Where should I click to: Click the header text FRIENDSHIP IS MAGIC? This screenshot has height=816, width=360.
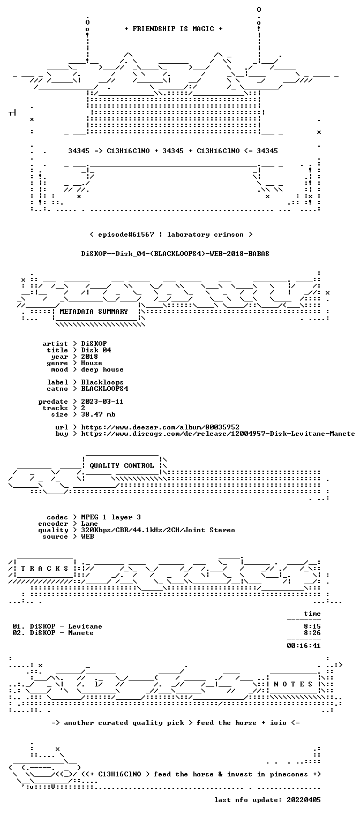pyautogui.click(x=174, y=29)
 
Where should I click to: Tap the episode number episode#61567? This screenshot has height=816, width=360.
pyautogui.click(x=126, y=235)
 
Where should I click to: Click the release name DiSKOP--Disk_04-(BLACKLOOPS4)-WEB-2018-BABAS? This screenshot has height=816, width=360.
pyautogui.click(x=175, y=254)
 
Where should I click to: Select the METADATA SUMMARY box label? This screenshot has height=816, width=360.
pyautogui.click(x=94, y=312)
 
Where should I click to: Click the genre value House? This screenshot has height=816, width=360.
pyautogui.click(x=92, y=363)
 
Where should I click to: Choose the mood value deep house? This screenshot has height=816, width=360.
pyautogui.click(x=102, y=370)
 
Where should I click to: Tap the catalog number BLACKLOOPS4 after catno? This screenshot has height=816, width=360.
pyautogui.click(x=104, y=389)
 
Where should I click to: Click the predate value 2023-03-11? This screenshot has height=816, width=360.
pyautogui.click(x=102, y=402)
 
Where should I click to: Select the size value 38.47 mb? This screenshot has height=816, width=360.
pyautogui.click(x=98, y=414)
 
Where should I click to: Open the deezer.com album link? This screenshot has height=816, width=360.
pyautogui.click(x=160, y=427)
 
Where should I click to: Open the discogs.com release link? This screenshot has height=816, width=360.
pyautogui.click(x=218, y=434)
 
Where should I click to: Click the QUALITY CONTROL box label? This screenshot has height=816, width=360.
pyautogui.click(x=122, y=466)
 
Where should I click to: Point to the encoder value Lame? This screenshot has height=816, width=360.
pyautogui.click(x=89, y=524)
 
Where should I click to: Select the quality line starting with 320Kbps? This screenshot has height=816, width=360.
pyautogui.click(x=158, y=531)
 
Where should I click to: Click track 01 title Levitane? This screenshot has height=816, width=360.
pyautogui.click(x=85, y=626)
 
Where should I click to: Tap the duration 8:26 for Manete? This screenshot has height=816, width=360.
pyautogui.click(x=312, y=633)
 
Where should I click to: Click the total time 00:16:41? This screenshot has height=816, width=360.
pyautogui.click(x=304, y=646)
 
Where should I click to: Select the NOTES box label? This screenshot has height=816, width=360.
pyautogui.click(x=294, y=684)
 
